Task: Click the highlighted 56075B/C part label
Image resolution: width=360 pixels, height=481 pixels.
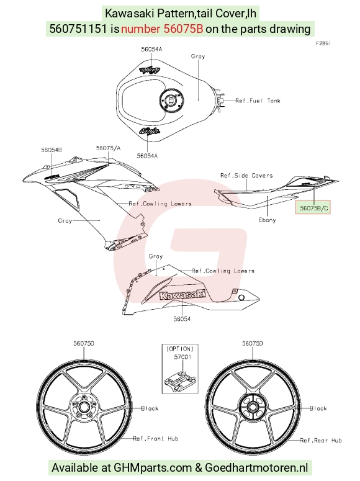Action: click(313, 209)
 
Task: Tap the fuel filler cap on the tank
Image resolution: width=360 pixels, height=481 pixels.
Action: click(171, 101)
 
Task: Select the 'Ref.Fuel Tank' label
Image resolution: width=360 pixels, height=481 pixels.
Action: click(258, 101)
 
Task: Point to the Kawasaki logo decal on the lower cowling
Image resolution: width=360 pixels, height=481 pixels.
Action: click(182, 295)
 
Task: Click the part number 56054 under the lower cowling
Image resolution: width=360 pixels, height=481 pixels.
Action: click(182, 319)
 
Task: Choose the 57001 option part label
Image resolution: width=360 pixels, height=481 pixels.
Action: click(182, 357)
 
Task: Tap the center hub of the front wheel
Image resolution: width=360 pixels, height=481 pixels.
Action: click(83, 407)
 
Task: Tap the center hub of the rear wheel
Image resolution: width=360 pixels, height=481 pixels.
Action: click(253, 407)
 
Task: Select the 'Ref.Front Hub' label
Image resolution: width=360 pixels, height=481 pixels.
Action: click(156, 439)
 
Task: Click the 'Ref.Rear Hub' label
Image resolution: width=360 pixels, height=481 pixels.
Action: click(321, 441)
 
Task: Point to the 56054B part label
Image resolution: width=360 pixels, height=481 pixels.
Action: click(52, 150)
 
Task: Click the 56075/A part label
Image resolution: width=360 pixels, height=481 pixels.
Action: click(109, 148)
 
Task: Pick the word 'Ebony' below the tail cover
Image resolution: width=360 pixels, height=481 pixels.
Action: click(267, 220)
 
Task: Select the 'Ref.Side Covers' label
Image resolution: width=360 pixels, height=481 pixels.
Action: click(246, 176)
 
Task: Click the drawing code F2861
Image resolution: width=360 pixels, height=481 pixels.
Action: click(323, 43)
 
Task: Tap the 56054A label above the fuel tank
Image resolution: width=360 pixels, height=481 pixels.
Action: click(151, 49)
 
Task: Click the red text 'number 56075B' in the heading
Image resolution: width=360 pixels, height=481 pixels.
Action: click(162, 29)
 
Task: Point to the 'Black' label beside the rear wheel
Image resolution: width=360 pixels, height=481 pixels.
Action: click(318, 408)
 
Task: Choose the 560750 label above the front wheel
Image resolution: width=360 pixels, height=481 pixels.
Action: click(83, 344)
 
